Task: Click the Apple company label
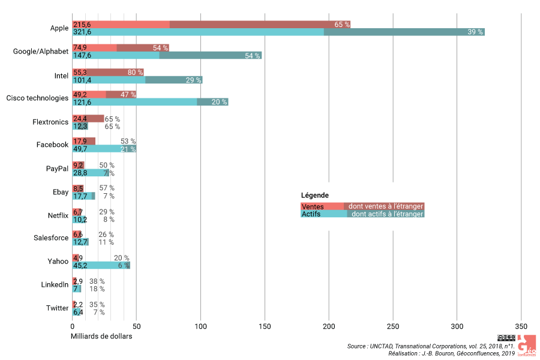point(59,28)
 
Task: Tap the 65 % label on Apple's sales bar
point(342,25)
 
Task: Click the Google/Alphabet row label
point(41,52)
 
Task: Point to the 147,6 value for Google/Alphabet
point(82,56)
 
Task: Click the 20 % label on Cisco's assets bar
point(219,102)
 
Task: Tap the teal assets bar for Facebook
point(104,149)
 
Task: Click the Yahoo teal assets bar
point(101,265)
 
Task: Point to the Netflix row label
point(58,215)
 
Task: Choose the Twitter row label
point(58,308)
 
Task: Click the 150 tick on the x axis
point(265,327)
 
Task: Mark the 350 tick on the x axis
point(521,327)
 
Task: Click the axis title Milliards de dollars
point(101,336)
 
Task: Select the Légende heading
point(314,196)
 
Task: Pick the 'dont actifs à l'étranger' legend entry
point(387,214)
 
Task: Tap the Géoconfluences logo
point(527,347)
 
